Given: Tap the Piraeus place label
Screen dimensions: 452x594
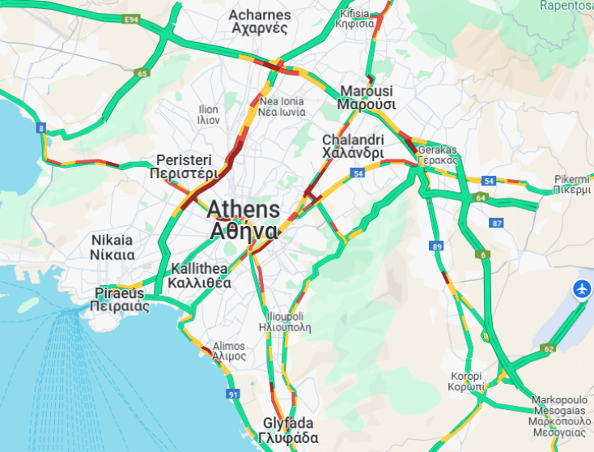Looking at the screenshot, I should (x=119, y=299).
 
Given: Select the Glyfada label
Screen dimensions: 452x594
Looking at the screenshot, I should (x=288, y=430).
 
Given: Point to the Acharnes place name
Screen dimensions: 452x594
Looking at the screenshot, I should (x=259, y=21).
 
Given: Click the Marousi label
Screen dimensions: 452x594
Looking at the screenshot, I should (x=366, y=97).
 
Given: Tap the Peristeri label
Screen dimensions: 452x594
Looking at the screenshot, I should (x=184, y=166).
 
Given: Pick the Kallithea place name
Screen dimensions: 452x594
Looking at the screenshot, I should (x=199, y=276).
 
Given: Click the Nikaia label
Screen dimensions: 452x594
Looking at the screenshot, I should (x=112, y=247).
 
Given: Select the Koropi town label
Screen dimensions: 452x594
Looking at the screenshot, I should (x=467, y=382).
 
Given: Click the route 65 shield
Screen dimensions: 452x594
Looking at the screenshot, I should (x=142, y=73).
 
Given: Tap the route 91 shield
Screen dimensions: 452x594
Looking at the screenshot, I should (x=233, y=394).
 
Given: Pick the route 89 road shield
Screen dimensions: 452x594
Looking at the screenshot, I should (x=438, y=246).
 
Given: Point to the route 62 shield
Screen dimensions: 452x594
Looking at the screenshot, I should (x=549, y=349).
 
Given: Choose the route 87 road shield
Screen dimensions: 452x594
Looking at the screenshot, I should (x=496, y=223).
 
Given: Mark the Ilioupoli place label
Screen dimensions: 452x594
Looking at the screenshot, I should (x=286, y=322).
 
